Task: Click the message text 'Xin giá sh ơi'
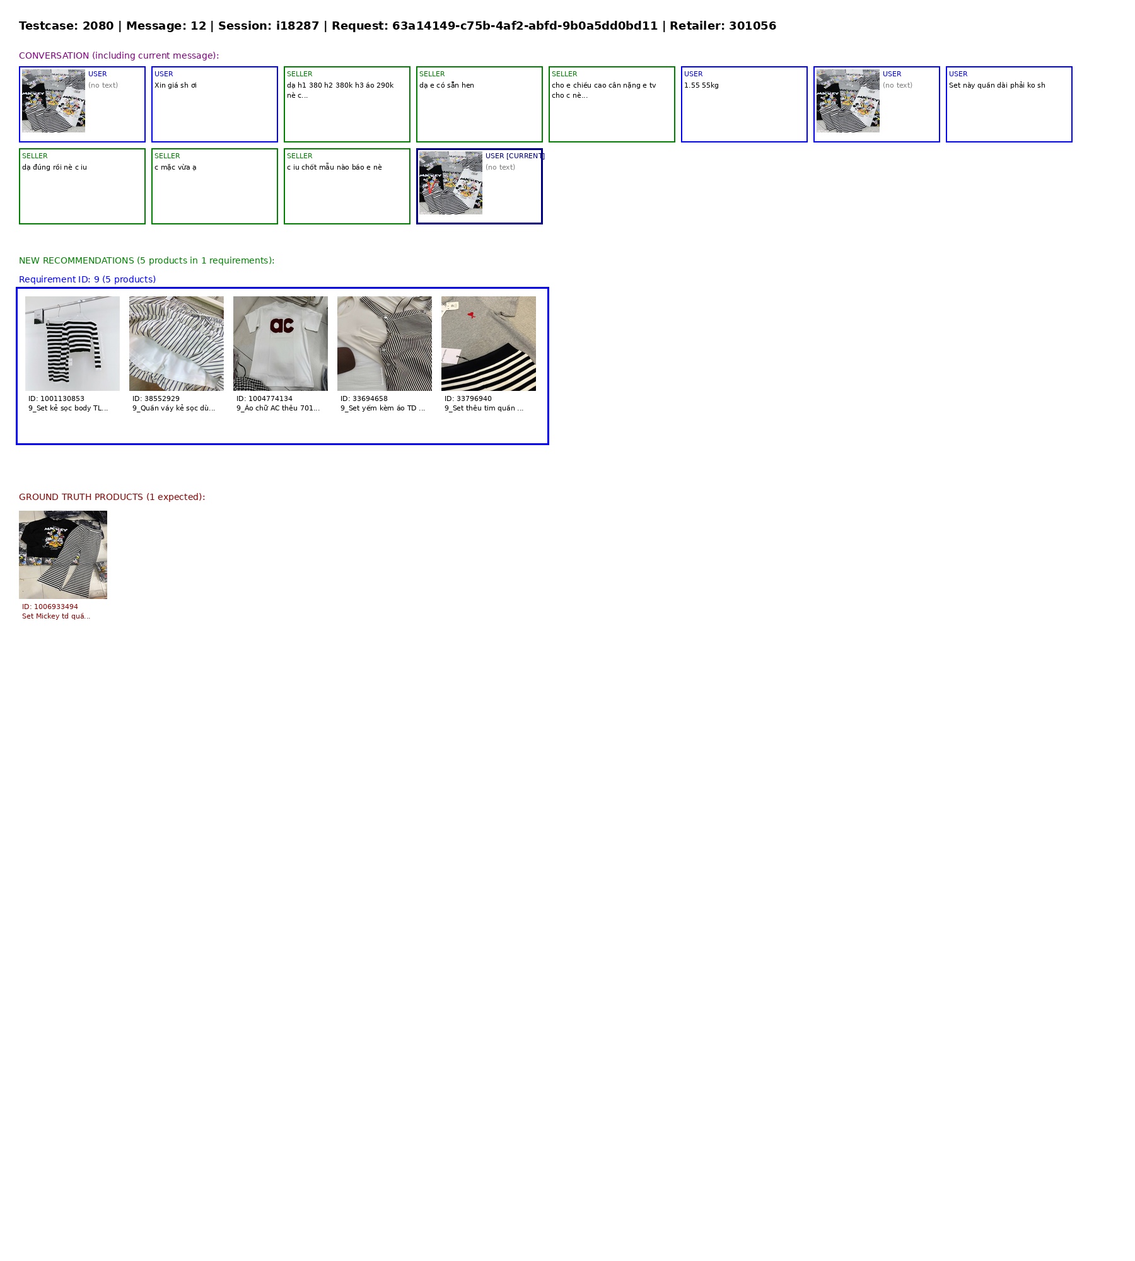(x=175, y=85)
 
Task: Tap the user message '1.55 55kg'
(x=701, y=85)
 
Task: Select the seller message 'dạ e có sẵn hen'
(x=446, y=85)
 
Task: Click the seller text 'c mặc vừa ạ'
(x=175, y=167)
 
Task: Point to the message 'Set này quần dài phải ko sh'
(x=997, y=85)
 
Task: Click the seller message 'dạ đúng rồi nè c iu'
(x=54, y=167)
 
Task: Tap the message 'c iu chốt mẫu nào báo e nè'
(x=334, y=167)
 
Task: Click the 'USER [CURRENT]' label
(x=515, y=156)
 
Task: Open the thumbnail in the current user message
(x=451, y=183)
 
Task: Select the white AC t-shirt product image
(x=281, y=344)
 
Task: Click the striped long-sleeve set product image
(x=73, y=344)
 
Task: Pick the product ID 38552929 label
(x=156, y=398)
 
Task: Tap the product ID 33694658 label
(x=364, y=398)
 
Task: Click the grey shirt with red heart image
(x=489, y=344)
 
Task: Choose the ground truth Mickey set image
(x=63, y=555)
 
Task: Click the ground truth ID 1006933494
(x=50, y=607)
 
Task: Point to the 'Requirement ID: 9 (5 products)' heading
(x=87, y=279)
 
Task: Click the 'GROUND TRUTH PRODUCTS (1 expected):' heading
(x=112, y=497)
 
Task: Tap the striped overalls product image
(x=385, y=344)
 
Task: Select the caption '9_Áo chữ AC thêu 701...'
(x=278, y=408)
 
